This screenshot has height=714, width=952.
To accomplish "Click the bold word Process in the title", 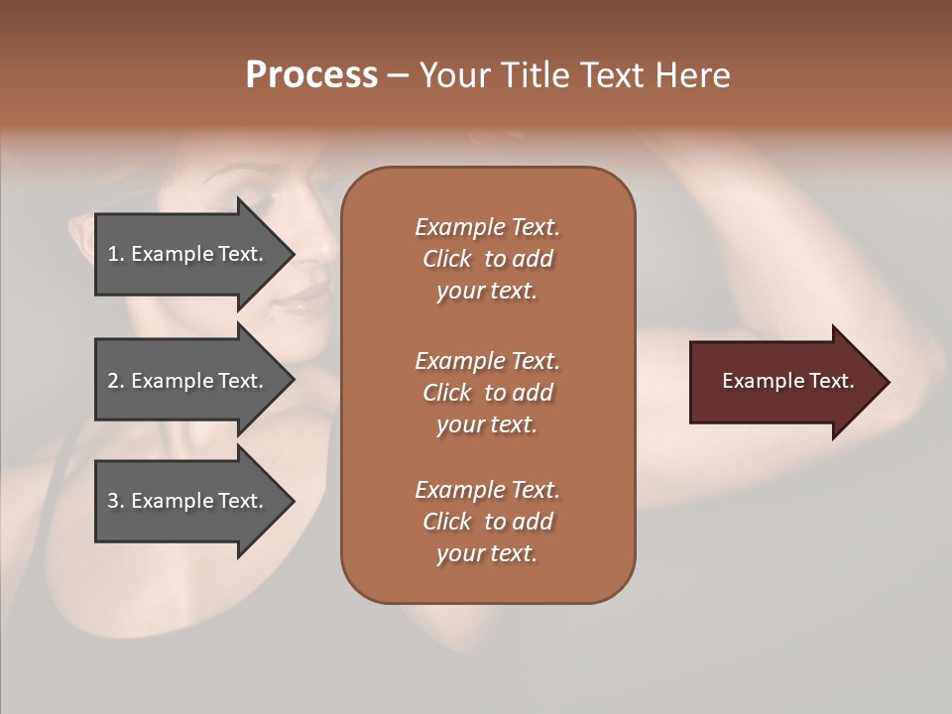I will [311, 75].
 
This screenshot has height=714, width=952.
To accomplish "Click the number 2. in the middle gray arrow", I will [115, 381].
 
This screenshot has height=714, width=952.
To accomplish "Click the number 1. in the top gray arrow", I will [115, 254].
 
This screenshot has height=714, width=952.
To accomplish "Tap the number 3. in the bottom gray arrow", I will [115, 501].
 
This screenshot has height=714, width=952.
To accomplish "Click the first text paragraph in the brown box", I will [487, 259].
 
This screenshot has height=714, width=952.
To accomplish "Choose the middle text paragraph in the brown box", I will [487, 393].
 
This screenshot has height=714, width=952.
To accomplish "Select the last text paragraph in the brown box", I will [487, 522].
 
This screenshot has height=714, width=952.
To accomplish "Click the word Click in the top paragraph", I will [446, 259].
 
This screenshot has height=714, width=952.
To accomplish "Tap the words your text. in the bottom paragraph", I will [487, 553].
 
